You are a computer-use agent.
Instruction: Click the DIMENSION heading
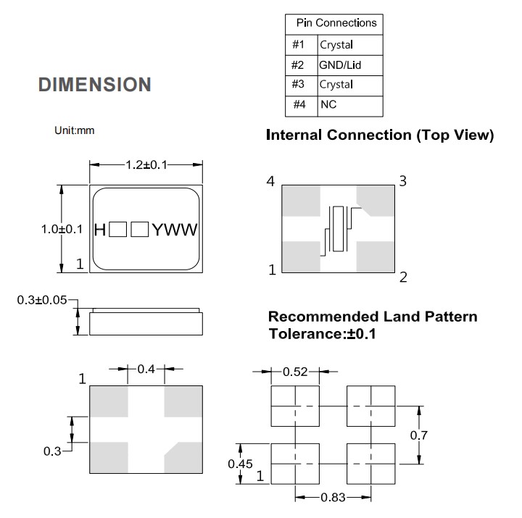pyautogui.click(x=94, y=85)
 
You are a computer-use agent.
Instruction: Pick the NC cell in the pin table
pyautogui.click(x=328, y=104)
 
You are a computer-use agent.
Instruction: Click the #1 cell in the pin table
pyautogui.click(x=298, y=45)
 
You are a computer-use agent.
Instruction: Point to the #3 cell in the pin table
pyautogui.click(x=298, y=85)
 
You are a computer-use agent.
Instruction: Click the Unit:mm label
pyautogui.click(x=75, y=130)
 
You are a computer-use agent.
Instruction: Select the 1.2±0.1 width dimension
pyautogui.click(x=146, y=165)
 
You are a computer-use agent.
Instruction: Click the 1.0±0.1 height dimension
pyautogui.click(x=62, y=229)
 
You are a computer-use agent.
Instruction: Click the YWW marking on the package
pyautogui.click(x=174, y=230)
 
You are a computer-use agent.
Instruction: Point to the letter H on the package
pyautogui.click(x=100, y=230)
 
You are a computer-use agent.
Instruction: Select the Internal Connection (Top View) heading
pyautogui.click(x=380, y=135)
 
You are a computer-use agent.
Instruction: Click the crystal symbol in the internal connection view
pyautogui.click(x=337, y=227)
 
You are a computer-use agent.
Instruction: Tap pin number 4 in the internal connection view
pyautogui.click(x=270, y=182)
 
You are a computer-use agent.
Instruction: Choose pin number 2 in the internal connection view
pyautogui.click(x=403, y=277)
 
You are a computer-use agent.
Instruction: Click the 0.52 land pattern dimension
pyautogui.click(x=295, y=372)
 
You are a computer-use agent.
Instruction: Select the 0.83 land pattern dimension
pyautogui.click(x=334, y=498)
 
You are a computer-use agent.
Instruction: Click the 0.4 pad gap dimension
pyautogui.click(x=146, y=369)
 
